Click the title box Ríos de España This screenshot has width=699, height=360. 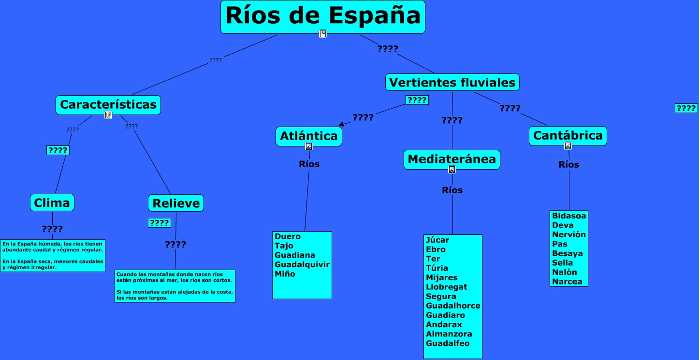[322, 16]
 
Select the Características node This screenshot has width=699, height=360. [108, 104]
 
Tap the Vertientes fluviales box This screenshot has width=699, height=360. [452, 82]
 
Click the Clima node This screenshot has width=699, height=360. [52, 202]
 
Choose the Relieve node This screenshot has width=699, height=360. [176, 203]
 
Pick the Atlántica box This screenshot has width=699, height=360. [309, 136]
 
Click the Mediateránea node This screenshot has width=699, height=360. [451, 159]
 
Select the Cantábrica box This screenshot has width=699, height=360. [568, 135]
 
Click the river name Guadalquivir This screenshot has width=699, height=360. [302, 264]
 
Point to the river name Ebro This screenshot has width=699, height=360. [436, 249]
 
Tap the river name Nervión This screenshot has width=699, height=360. [569, 234]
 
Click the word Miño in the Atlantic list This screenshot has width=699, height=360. [285, 274]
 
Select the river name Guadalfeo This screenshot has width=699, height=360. [448, 343]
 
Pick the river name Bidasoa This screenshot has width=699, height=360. [569, 216]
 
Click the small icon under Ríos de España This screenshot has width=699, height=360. [323, 33]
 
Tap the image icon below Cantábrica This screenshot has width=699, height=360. [568, 146]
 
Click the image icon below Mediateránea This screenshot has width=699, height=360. [452, 170]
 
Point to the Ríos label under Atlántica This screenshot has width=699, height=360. [309, 164]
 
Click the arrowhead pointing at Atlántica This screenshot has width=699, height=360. [342, 124]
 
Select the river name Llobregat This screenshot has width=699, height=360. [447, 287]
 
